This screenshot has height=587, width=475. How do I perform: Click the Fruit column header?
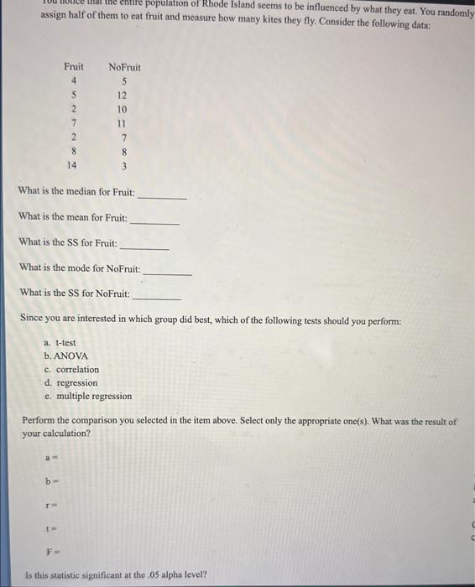click(74, 66)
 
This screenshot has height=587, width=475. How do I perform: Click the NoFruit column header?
click(124, 66)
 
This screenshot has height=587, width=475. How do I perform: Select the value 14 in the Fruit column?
click(74, 166)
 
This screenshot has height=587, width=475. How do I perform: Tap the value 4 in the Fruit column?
click(74, 81)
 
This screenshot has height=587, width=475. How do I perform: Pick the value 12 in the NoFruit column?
click(123, 95)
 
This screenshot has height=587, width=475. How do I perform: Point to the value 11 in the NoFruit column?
click(123, 123)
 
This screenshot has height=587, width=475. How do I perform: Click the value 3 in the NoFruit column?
click(123, 166)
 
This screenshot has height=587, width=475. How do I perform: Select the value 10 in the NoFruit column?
click(123, 109)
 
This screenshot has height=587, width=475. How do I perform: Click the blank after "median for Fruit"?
click(162, 196)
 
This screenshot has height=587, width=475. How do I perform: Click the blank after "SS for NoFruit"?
click(157, 297)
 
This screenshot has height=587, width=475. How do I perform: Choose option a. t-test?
click(64, 343)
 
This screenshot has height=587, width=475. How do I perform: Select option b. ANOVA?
click(65, 356)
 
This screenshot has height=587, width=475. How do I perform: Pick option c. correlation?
click(71, 370)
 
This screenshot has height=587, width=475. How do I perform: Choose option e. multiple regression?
click(88, 397)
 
